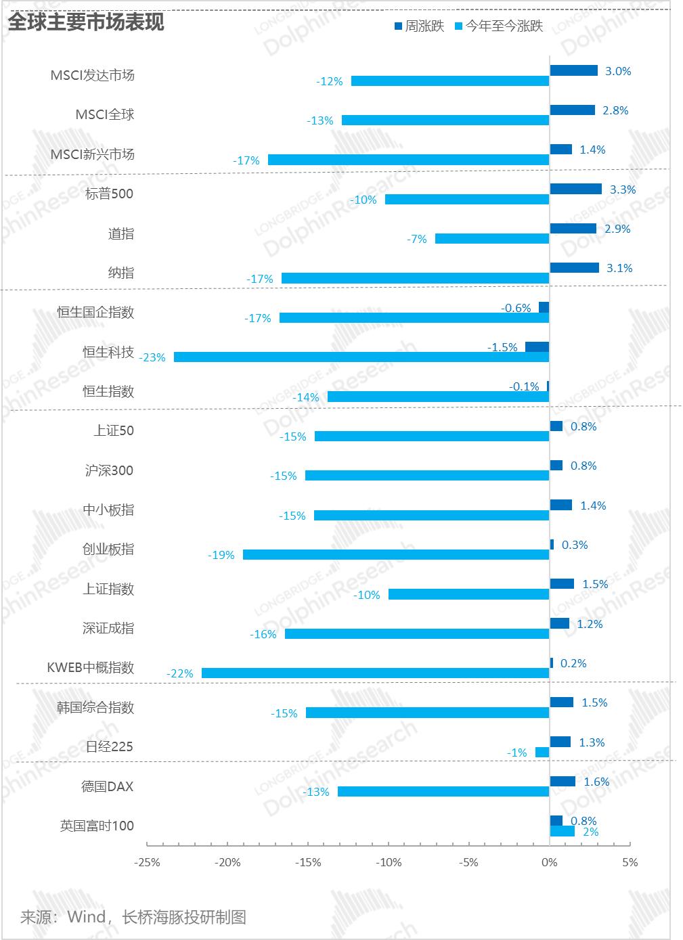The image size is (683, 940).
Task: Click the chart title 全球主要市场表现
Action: tap(86, 22)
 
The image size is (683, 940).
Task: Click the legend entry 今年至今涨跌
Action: tap(498, 27)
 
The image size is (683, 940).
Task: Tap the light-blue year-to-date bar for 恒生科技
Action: tap(361, 357)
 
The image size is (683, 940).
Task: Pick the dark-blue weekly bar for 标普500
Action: tap(575, 189)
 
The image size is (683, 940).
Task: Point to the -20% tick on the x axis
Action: tap(227, 862)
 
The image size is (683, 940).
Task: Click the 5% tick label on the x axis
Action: tap(630, 862)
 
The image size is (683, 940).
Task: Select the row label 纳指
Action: tap(121, 273)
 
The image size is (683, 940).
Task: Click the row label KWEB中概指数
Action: tap(91, 668)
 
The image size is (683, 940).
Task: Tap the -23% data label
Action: tap(152, 357)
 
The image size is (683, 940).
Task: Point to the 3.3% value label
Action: tap(622, 189)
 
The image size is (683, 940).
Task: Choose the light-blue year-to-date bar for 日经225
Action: tap(542, 753)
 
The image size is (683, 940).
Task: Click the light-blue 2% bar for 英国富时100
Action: tap(562, 831)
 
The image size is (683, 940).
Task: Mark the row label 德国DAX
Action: tap(108, 786)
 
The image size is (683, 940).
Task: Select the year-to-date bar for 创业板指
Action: tap(396, 555)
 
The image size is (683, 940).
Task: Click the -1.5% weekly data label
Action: tap(502, 347)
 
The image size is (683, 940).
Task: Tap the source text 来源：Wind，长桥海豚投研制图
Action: tap(133, 917)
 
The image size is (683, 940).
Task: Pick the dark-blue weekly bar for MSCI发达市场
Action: tap(573, 70)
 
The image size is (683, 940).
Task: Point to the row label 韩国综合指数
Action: tap(95, 707)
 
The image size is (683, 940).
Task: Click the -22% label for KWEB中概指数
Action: tap(180, 673)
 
